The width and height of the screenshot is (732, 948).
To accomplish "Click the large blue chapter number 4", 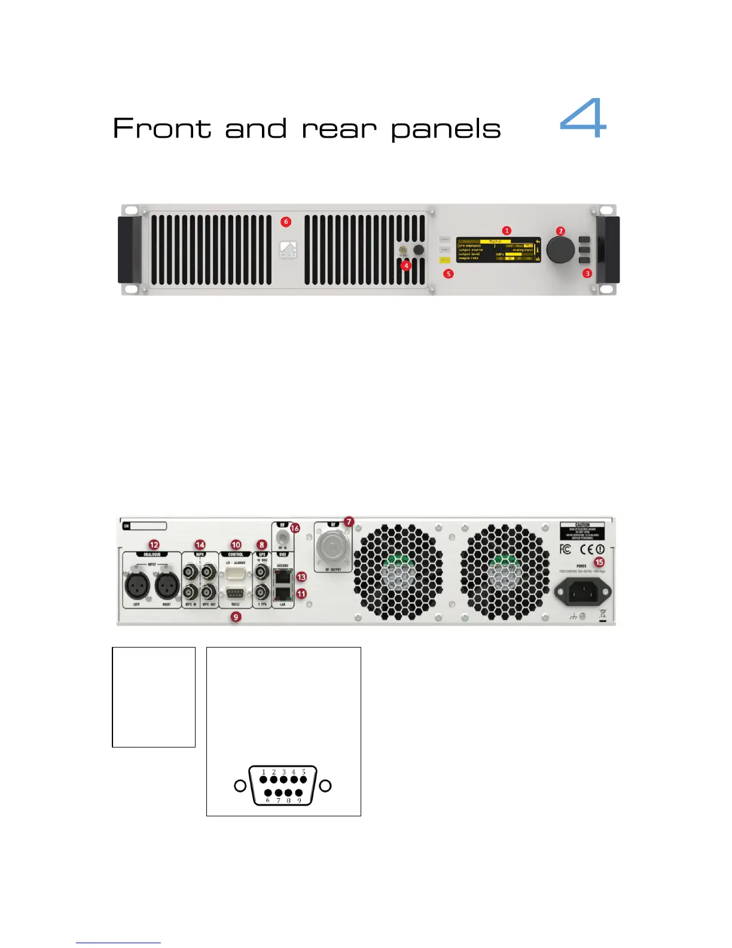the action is tap(583, 119).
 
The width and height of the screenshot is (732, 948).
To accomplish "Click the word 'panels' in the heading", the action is tap(446, 130).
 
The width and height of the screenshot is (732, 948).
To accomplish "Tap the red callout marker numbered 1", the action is tap(507, 230).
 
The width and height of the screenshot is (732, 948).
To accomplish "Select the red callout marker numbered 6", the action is tap(286, 222).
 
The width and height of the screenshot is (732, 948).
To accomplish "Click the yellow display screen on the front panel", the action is tap(498, 250).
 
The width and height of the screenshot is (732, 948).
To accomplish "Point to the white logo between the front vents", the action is tap(288, 250).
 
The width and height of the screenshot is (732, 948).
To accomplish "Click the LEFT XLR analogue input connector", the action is tap(138, 585).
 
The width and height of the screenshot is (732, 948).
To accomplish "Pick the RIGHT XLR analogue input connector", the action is tap(167, 585).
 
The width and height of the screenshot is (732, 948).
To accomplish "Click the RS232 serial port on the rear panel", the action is tap(236, 594).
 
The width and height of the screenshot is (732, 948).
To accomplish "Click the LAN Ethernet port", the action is tap(282, 594).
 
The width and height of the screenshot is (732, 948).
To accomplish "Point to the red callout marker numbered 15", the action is tap(599, 562).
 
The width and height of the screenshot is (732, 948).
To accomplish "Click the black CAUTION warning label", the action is tap(582, 531).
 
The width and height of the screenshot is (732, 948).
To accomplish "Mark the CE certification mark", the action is tap(586, 549).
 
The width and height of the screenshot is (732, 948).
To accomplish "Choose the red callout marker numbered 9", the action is tap(236, 616).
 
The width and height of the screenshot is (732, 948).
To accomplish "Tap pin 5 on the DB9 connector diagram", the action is tap(303, 779).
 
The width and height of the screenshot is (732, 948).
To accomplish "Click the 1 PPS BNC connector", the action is tap(262, 593).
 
